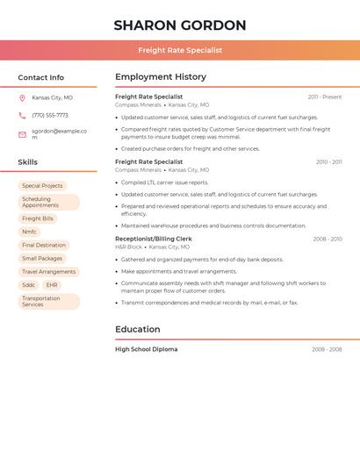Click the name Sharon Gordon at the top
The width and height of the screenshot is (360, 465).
point(180,25)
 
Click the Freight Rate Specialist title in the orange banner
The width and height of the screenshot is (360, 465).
point(180,50)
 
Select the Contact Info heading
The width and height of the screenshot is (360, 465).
point(41,77)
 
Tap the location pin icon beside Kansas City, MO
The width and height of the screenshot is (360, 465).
point(22,97)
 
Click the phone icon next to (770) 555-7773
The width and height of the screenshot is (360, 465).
point(22,115)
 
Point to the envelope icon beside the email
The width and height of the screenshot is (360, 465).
point(22,134)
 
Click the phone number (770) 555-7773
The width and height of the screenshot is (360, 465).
point(50,115)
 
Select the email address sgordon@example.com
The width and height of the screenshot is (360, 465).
point(59,134)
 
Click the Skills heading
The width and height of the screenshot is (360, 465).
point(28,162)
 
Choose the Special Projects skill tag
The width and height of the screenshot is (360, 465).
point(42,186)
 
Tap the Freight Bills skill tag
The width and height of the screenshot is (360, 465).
point(38,218)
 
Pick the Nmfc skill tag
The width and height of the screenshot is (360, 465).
point(30,232)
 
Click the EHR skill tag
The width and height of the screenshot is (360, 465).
point(53,285)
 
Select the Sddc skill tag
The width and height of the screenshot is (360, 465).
point(29,285)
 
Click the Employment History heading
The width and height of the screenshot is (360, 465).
point(161,77)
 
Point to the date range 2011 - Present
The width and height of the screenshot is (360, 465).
point(325,97)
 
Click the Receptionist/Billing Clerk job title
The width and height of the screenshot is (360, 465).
point(154,239)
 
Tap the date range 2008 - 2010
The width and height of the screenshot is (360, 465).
point(328,239)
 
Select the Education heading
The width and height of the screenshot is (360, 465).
point(138,330)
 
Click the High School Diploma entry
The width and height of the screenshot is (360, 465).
point(147,349)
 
